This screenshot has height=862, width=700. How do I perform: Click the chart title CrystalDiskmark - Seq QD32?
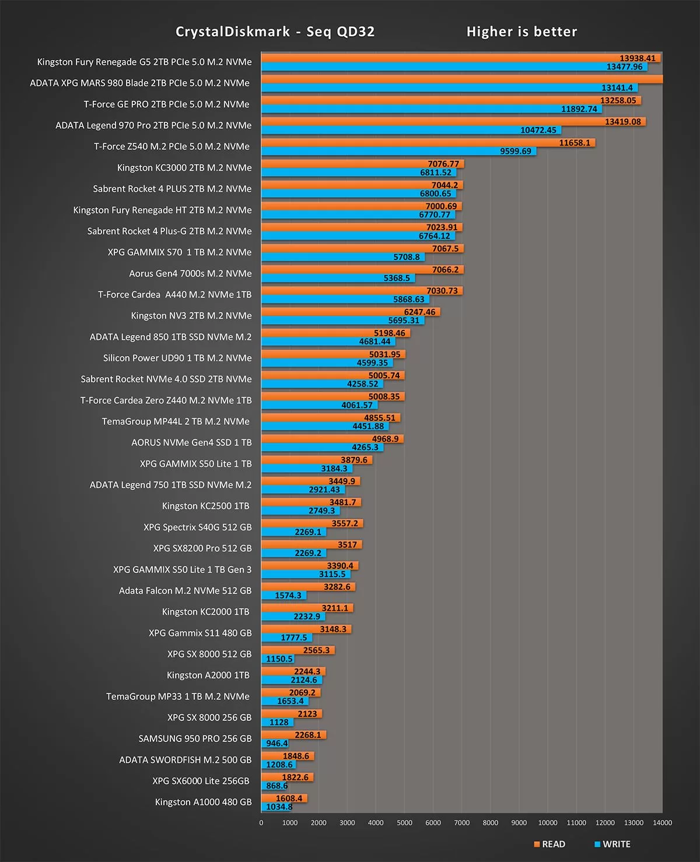[x=275, y=32]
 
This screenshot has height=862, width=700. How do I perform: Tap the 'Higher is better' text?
[x=521, y=32]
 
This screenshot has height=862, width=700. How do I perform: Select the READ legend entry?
[x=549, y=844]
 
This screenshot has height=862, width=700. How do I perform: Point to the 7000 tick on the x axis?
[x=461, y=822]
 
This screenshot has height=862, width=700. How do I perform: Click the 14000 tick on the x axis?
[x=662, y=822]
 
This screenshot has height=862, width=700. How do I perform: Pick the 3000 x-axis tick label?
[x=347, y=822]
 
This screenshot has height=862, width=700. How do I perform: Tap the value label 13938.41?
[x=638, y=58]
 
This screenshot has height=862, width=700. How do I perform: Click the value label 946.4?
[x=276, y=743]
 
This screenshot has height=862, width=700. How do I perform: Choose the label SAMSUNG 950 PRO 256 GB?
[x=195, y=738]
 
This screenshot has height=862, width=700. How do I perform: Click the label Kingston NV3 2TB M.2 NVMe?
[x=191, y=315]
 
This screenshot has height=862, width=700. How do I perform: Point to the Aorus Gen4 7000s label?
[x=190, y=273]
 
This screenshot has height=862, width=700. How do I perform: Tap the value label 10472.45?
[x=538, y=130]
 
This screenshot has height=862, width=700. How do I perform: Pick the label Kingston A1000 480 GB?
[x=203, y=802]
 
